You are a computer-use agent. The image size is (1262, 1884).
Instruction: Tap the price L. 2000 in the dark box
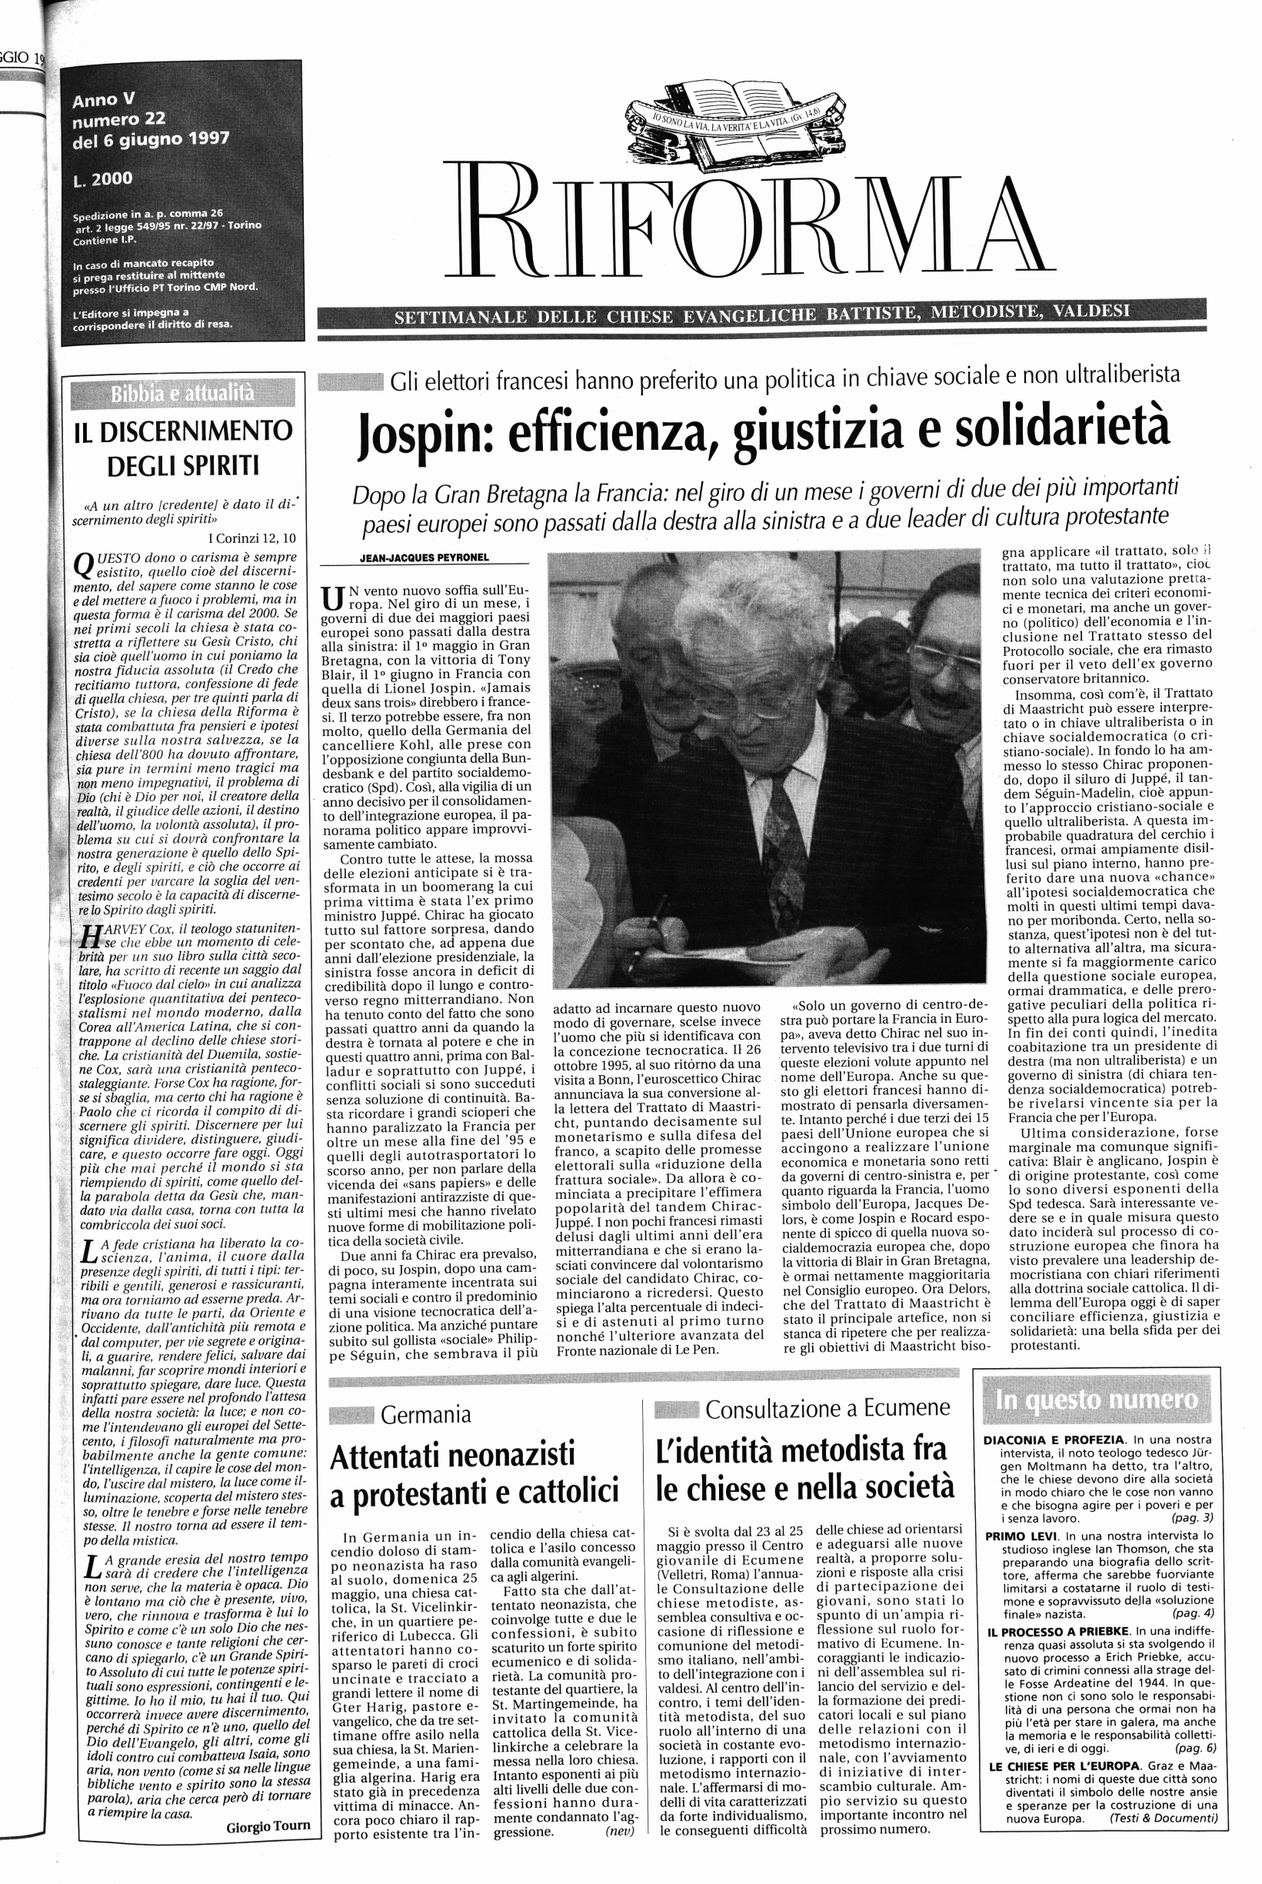102,179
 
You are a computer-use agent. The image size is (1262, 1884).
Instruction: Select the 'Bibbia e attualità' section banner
183,394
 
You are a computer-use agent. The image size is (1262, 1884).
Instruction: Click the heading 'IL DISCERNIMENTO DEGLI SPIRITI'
183,448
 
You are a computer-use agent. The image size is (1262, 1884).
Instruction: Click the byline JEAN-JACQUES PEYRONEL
425,558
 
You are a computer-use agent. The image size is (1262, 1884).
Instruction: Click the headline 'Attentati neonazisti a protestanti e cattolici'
474,1473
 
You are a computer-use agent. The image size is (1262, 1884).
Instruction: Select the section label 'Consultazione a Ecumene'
827,1408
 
